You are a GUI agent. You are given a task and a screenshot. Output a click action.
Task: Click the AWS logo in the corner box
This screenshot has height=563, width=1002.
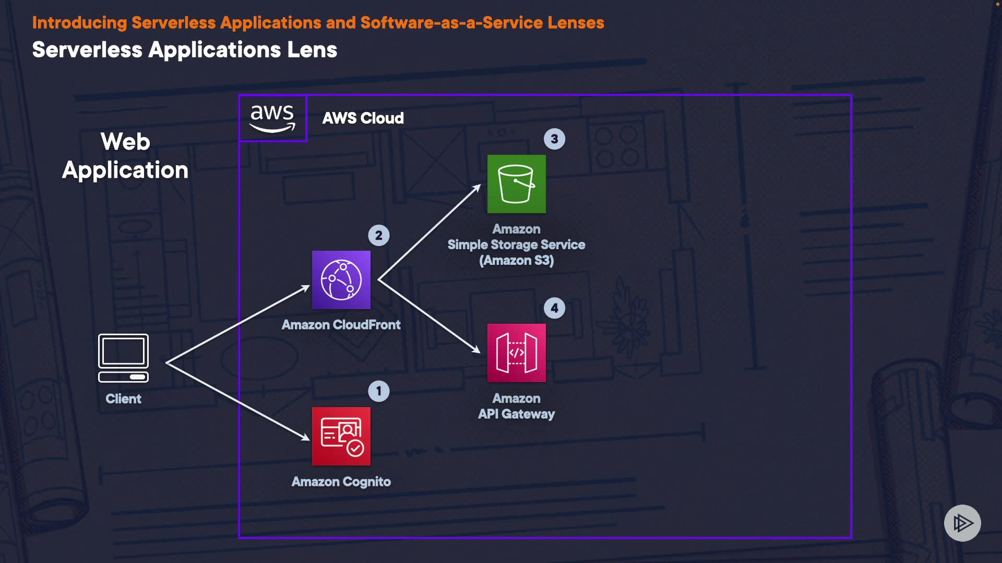point(272,118)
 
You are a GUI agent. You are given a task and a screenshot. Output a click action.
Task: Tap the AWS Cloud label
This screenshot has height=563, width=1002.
point(363,118)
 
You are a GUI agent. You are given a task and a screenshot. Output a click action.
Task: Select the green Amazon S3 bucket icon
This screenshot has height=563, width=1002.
point(517,184)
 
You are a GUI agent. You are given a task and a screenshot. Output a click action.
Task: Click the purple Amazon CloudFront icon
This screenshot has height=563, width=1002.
point(341,280)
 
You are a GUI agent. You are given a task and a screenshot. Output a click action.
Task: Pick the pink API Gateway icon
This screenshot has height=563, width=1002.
point(517,353)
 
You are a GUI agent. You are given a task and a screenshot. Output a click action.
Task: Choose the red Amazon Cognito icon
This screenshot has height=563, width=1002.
point(341,436)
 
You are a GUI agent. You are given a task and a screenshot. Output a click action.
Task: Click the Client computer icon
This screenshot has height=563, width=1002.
point(124,358)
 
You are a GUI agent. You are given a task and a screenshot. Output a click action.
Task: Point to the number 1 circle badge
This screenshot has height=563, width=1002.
point(379,391)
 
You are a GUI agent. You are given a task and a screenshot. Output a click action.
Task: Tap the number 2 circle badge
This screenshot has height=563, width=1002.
point(379,235)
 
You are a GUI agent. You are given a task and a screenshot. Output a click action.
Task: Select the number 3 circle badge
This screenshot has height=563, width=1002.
point(554,139)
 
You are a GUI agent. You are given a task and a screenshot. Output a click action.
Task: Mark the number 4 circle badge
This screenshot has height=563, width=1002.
point(554,308)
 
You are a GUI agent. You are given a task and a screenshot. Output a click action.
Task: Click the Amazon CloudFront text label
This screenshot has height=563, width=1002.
point(341,325)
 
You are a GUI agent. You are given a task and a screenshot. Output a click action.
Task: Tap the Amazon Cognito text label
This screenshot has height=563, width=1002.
point(341,482)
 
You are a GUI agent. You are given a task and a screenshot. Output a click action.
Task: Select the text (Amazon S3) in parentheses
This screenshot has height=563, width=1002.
point(517,260)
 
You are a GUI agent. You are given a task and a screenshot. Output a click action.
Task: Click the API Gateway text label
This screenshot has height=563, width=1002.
point(517,414)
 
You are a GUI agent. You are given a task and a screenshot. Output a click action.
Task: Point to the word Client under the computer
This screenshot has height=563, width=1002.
point(124,399)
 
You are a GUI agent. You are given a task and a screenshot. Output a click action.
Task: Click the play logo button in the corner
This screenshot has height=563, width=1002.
point(962,523)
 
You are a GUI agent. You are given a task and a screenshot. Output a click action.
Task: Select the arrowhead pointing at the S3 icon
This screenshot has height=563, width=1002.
point(476,188)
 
